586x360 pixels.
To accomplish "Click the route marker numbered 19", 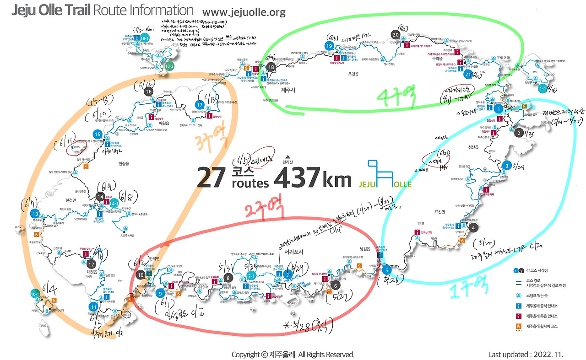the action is point(328,45).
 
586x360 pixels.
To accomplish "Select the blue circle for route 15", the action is point(97,134).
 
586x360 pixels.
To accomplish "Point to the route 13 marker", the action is point(35,214).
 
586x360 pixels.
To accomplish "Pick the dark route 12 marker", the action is point(91,263).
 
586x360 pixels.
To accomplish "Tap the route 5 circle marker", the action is point(387,269).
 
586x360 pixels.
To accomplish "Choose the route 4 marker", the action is point(474,227).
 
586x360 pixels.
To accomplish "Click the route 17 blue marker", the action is point(200,104).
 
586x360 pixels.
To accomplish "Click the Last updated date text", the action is point(526,355).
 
